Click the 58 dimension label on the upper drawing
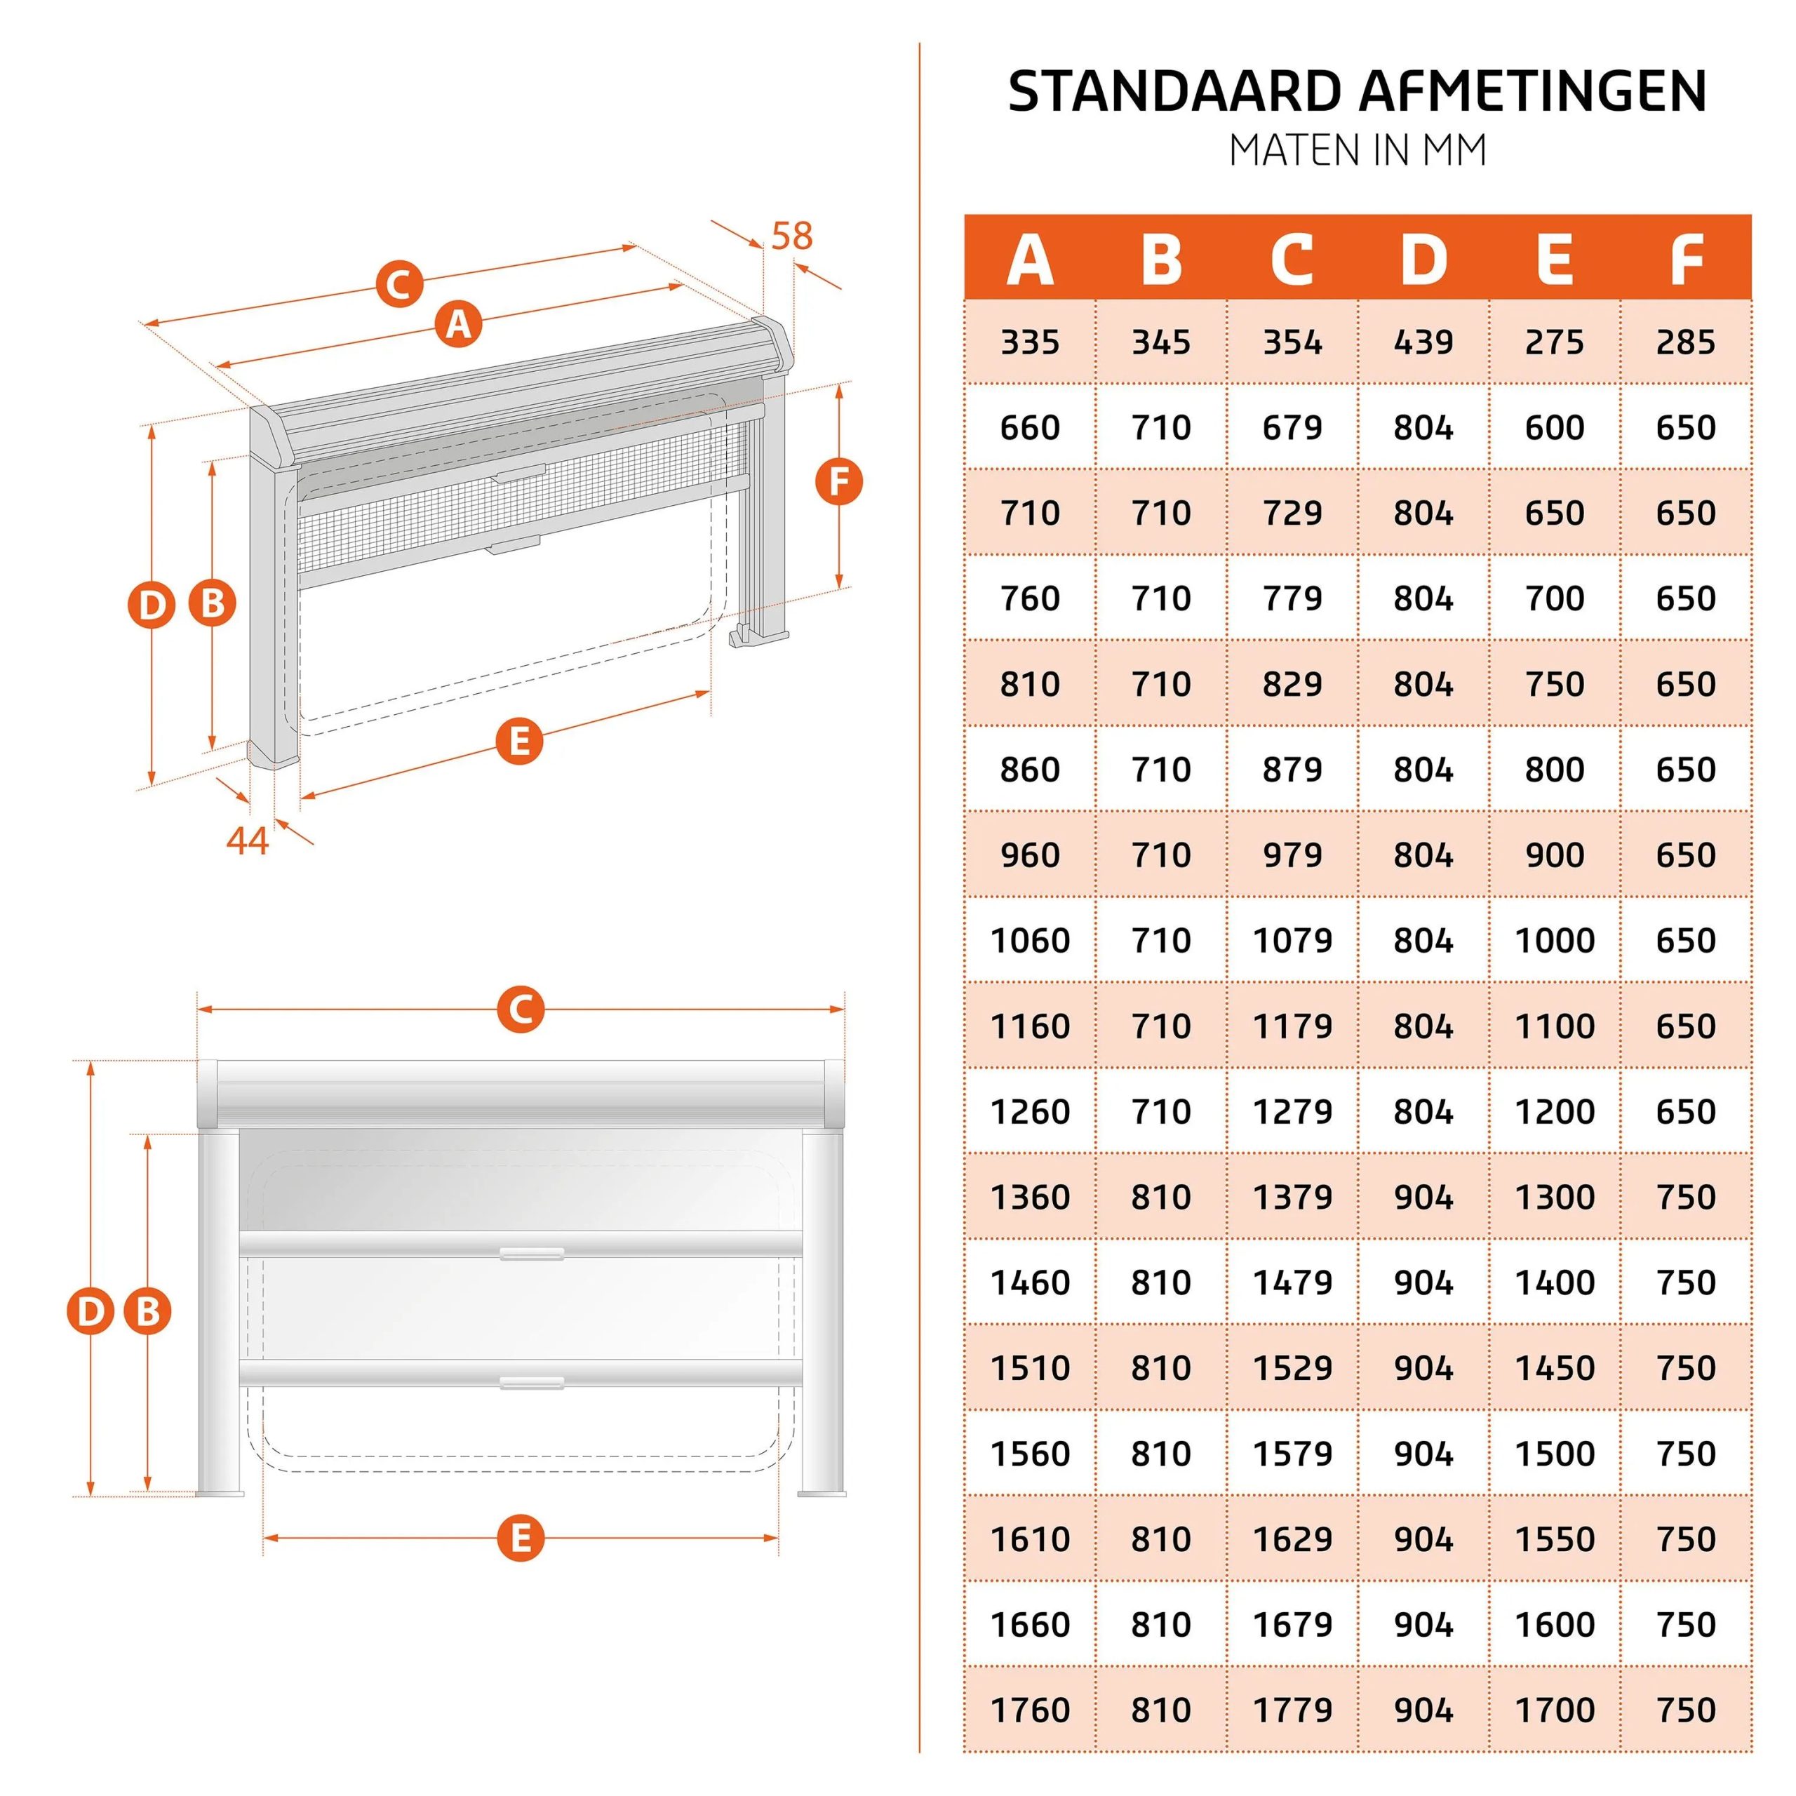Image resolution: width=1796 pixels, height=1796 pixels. pyautogui.click(x=792, y=236)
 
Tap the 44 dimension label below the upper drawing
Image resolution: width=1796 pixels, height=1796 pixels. pyautogui.click(x=247, y=840)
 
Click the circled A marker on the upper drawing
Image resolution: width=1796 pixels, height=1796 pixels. pyautogui.click(x=460, y=324)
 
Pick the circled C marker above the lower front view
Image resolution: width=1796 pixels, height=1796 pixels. pyautogui.click(x=521, y=1009)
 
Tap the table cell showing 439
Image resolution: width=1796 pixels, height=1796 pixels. pyautogui.click(x=1423, y=342)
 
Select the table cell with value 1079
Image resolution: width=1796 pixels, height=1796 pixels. pyautogui.click(x=1292, y=940)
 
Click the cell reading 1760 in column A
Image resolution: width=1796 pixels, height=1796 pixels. pyautogui.click(x=1030, y=1710)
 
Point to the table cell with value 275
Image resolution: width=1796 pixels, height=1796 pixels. pyautogui.click(x=1554, y=342)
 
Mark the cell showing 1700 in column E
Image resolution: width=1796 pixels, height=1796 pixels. pyautogui.click(x=1554, y=1710)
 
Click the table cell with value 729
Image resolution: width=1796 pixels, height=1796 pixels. pyautogui.click(x=1292, y=513)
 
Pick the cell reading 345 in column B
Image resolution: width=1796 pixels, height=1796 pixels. pyautogui.click(x=1161, y=342)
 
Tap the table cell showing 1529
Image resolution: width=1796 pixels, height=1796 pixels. pyautogui.click(x=1292, y=1367)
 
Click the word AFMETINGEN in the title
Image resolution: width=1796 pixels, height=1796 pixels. pyautogui.click(x=1534, y=91)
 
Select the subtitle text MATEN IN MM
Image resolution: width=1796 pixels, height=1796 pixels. pyautogui.click(x=1358, y=151)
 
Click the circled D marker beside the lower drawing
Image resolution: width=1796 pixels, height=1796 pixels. pyautogui.click(x=91, y=1312)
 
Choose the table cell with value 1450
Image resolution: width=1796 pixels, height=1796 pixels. pyautogui.click(x=1554, y=1367)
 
